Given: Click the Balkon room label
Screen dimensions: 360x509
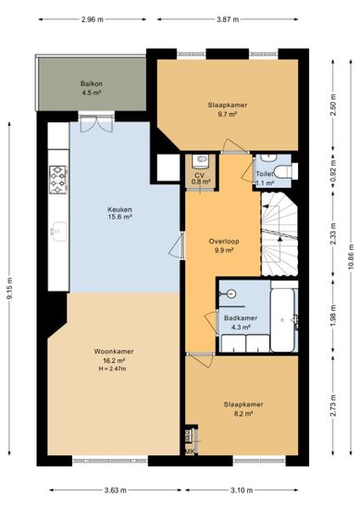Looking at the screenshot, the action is tap(92, 83).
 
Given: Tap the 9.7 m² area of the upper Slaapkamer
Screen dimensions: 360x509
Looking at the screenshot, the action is tap(228, 114).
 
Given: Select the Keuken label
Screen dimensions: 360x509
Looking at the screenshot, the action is tap(119, 209).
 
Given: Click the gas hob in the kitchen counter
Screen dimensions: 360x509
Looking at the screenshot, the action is tap(57, 180).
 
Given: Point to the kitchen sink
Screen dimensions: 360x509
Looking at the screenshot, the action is tap(58, 231).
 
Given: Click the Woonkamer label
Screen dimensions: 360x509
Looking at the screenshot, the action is tap(114, 352).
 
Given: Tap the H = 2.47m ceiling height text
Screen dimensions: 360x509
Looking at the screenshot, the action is tap(112, 368).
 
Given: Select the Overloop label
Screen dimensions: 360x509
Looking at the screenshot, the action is tap(224, 242).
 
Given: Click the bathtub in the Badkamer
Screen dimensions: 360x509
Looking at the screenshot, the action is tap(283, 320).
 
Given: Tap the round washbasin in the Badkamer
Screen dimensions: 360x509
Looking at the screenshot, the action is tap(231, 293).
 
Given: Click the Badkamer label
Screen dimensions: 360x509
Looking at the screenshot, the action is tap(241, 318).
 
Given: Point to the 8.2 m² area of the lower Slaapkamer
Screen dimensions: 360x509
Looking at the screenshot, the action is tap(243, 414).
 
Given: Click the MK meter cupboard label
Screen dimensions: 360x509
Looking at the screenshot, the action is tap(190, 452).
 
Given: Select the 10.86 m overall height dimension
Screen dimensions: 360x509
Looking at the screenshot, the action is tap(351, 256).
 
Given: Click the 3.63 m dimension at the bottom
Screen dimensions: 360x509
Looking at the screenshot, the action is tap(116, 490).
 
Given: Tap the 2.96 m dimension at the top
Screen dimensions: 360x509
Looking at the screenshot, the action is tap(93, 19).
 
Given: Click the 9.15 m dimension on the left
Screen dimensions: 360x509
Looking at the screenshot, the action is tap(9, 288).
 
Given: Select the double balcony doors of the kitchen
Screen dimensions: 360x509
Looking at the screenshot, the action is tap(96, 124).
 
